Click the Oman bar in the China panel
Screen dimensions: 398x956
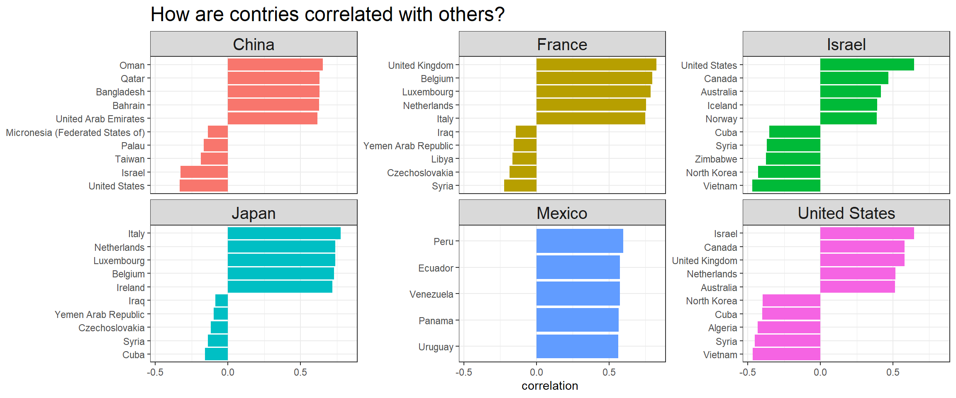point(275,65)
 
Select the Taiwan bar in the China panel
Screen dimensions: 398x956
point(214,159)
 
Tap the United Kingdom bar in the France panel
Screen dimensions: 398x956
point(596,65)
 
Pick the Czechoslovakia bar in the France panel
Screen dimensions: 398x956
point(523,172)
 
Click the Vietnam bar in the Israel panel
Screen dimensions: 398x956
point(786,186)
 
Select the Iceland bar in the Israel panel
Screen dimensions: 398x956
point(848,105)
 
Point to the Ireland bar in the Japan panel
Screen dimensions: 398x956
point(280,287)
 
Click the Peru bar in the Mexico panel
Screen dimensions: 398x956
point(579,241)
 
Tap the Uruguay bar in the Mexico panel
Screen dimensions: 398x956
point(577,346)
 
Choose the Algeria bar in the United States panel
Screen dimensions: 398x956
point(788,328)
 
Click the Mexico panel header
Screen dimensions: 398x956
point(562,213)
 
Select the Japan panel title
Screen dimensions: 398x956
point(254,213)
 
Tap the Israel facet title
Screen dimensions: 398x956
point(846,44)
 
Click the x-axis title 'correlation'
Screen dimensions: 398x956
point(549,386)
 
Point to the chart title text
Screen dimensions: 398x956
point(327,15)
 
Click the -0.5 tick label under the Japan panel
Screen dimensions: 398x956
point(155,372)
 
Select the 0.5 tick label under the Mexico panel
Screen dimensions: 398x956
point(609,372)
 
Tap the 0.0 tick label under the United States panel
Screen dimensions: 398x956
point(820,372)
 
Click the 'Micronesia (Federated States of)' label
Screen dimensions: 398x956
point(75,133)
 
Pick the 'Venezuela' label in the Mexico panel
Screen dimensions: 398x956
point(431,294)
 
